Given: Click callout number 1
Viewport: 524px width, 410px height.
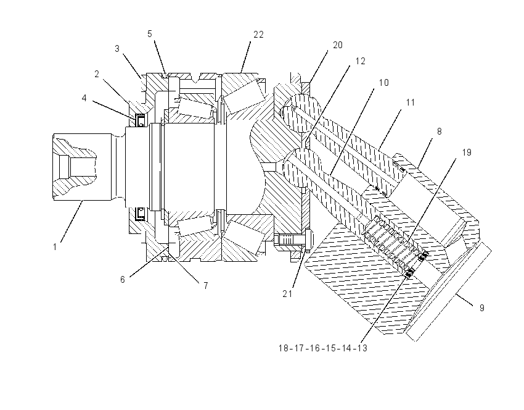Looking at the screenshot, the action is tap(55, 247).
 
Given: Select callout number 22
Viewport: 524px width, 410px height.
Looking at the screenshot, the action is tap(258, 35).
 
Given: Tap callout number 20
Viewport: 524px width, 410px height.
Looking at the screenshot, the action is tap(338, 45).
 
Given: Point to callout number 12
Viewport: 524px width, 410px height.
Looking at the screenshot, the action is tap(360, 61).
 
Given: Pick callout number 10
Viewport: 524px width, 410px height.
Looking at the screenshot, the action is tap(384, 83).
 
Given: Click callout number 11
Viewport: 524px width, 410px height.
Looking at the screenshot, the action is tap(411, 102).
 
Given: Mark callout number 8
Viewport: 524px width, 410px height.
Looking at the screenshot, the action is tap(439, 132).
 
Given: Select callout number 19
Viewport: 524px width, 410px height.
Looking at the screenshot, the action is tap(467, 153).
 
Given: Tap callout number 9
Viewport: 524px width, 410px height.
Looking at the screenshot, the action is tap(482, 308).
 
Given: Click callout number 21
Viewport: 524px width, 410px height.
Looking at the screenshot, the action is tap(287, 294).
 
